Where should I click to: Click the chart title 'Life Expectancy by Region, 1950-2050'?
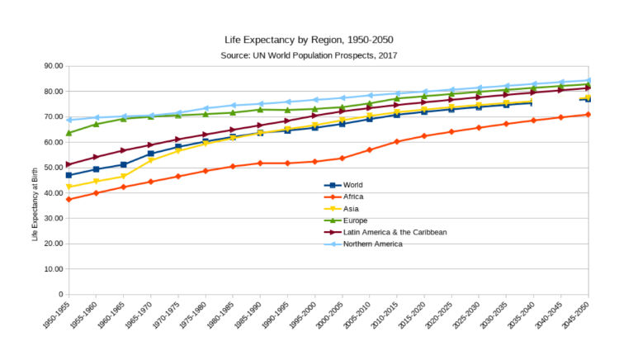coord(309,40)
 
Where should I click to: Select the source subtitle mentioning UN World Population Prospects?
coord(309,54)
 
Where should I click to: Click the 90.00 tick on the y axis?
coord(53,66)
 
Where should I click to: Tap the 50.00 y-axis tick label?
coord(53,168)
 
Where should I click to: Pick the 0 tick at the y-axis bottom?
coord(60,294)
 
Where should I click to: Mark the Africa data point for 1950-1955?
coord(69,199)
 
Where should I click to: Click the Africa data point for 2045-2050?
coord(588,114)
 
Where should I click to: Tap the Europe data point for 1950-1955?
coord(69,133)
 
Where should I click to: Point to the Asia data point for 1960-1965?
coord(123,176)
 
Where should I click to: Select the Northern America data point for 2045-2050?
coord(588,80)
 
